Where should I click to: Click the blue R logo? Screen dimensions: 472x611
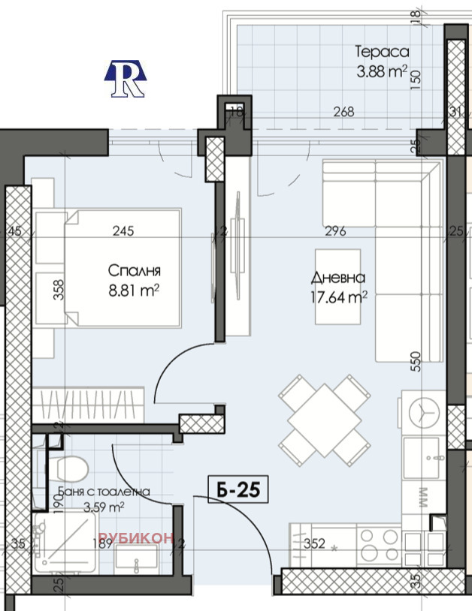126,78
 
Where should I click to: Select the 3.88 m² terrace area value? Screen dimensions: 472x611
382,72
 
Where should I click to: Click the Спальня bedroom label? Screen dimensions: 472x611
135,270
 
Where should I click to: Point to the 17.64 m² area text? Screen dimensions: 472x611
338,298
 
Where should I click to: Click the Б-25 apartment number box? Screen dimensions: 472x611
238,489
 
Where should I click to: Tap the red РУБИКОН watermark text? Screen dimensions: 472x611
136,537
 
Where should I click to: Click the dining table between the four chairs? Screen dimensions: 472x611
324,421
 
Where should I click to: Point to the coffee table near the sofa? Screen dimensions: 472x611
337,287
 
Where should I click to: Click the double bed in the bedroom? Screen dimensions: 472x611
123,268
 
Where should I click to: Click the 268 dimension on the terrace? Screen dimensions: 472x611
344,112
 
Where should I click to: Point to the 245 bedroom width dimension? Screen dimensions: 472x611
123,231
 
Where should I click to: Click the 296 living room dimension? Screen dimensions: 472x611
335,231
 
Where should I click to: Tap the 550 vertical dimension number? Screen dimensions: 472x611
416,362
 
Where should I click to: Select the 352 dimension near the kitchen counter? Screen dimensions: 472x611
314,543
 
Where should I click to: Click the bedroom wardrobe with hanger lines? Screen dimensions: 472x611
88,405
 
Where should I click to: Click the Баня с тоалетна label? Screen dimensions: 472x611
104,492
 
